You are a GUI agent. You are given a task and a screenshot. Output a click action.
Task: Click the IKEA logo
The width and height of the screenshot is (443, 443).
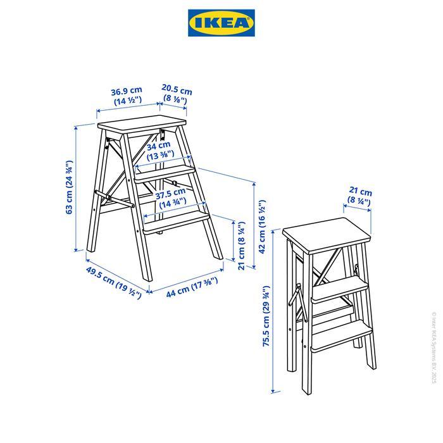[x=221, y=23]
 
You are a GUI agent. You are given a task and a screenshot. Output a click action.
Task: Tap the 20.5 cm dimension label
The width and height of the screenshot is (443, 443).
[x=177, y=93]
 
